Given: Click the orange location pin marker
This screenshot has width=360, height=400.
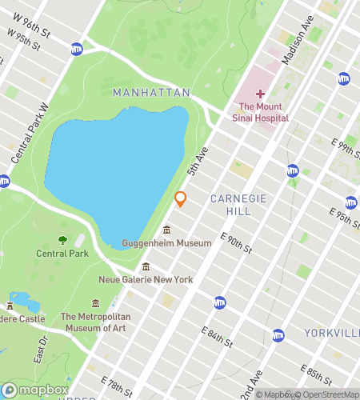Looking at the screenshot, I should (x=181, y=198).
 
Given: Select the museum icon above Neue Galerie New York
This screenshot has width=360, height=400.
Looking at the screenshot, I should (x=146, y=266).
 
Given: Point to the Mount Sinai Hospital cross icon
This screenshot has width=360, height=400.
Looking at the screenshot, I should (x=260, y=94).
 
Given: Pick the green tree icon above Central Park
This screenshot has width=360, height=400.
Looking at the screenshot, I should (x=62, y=240).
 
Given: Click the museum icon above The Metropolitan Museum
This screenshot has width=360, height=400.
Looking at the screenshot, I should (x=96, y=304).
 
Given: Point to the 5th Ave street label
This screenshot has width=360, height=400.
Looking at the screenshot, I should (x=197, y=160).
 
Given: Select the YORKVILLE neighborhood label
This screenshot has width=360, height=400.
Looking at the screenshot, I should (x=331, y=332).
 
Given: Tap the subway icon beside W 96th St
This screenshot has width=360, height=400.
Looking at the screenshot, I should (x=76, y=49).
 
